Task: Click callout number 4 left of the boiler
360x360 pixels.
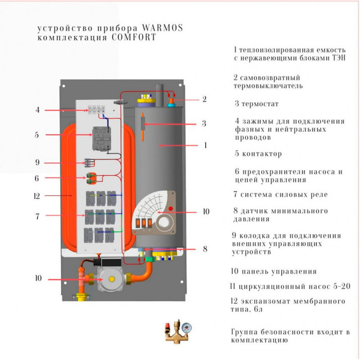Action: [x=38, y=110]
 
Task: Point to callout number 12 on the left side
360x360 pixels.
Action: [x=37, y=196]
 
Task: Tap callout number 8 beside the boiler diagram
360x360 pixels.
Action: [x=205, y=249]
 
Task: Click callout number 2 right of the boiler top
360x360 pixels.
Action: [x=204, y=99]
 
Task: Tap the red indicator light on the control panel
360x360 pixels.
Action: [x=171, y=207]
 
